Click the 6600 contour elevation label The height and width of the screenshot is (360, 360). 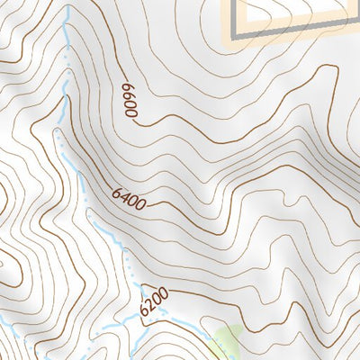tap(131, 100)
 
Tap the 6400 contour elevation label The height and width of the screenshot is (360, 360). tap(130, 199)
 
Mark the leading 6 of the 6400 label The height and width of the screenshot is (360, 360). tap(118, 193)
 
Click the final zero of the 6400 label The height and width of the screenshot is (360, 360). tap(141, 204)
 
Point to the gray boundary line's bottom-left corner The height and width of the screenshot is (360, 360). tap(238, 34)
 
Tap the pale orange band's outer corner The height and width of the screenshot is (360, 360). tap(221, 42)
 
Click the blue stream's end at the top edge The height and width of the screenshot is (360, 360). tap(67, 3)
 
